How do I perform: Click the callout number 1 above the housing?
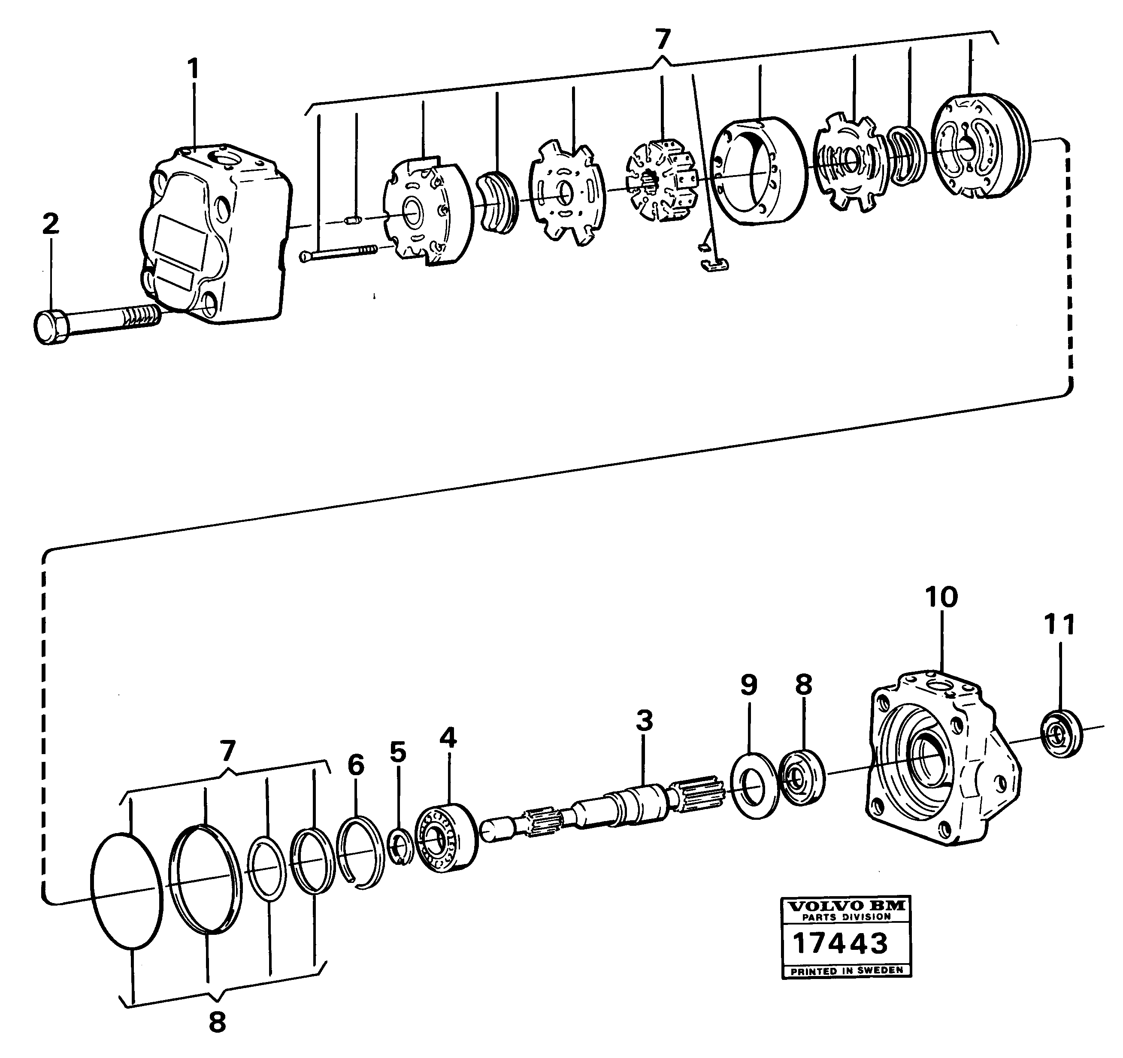point(193,69)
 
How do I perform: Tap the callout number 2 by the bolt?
point(51,224)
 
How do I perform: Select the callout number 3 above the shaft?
point(644,721)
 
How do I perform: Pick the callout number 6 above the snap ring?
point(356,765)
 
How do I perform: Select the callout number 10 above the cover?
point(941,597)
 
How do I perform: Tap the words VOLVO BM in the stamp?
point(846,906)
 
